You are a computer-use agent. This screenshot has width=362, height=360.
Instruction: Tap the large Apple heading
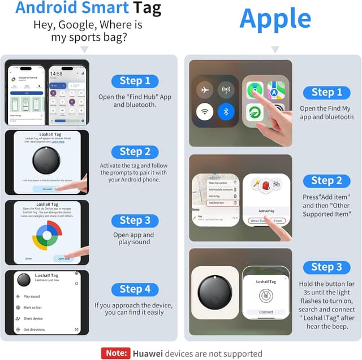coord(275,18)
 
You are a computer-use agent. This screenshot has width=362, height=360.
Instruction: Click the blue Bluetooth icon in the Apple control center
coord(226,111)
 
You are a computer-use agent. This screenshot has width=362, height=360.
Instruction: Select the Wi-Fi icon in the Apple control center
coord(204,111)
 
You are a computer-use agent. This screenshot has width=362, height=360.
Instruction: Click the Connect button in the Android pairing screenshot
coord(47,189)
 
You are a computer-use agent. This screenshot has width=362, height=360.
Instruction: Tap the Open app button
coord(63,258)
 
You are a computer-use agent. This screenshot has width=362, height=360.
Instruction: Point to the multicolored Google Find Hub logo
coord(47,234)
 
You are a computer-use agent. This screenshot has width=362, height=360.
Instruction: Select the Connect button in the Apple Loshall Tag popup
coord(266,312)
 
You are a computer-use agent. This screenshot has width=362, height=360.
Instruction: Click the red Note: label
coord(115,353)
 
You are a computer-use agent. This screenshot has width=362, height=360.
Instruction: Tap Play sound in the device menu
coord(32,296)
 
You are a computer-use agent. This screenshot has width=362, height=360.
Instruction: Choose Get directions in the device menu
coord(34,329)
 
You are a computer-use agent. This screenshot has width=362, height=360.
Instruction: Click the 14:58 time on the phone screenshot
coord(56,73)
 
